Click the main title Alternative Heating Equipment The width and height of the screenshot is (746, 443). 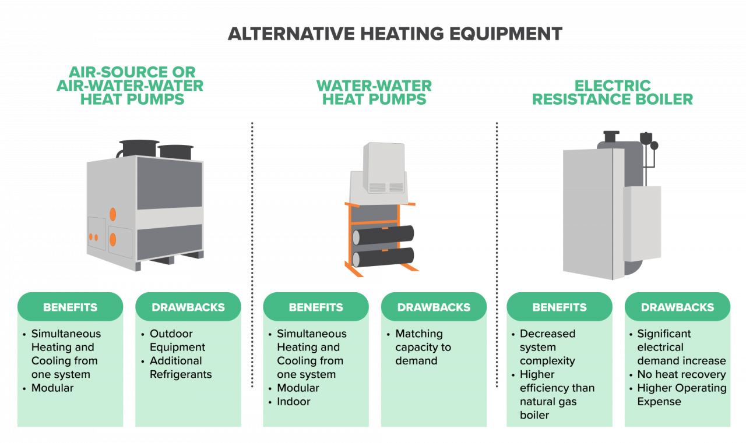pyautogui.click(x=395, y=34)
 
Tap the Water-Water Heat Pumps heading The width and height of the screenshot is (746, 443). pyautogui.click(x=374, y=93)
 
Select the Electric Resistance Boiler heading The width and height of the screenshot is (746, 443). pyautogui.click(x=613, y=93)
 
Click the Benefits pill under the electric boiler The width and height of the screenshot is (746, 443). pyautogui.click(x=559, y=307)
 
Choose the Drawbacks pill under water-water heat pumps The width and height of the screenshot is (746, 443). pyautogui.click(x=434, y=307)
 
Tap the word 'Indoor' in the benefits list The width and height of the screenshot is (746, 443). pyautogui.click(x=293, y=402)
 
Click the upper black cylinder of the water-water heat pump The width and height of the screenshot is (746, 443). pyautogui.click(x=383, y=235)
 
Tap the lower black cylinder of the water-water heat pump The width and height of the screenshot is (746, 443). pyautogui.click(x=383, y=257)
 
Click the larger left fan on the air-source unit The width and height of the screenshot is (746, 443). pyautogui.click(x=139, y=148)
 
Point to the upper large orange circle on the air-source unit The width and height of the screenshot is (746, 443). pyautogui.click(x=113, y=215)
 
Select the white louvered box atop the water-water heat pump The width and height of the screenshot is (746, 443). pyautogui.click(x=384, y=168)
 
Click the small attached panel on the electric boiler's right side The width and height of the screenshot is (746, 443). pyautogui.click(x=642, y=224)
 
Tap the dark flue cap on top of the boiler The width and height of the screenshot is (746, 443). pyautogui.click(x=611, y=136)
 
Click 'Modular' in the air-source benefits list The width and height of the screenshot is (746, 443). pyautogui.click(x=52, y=388)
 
